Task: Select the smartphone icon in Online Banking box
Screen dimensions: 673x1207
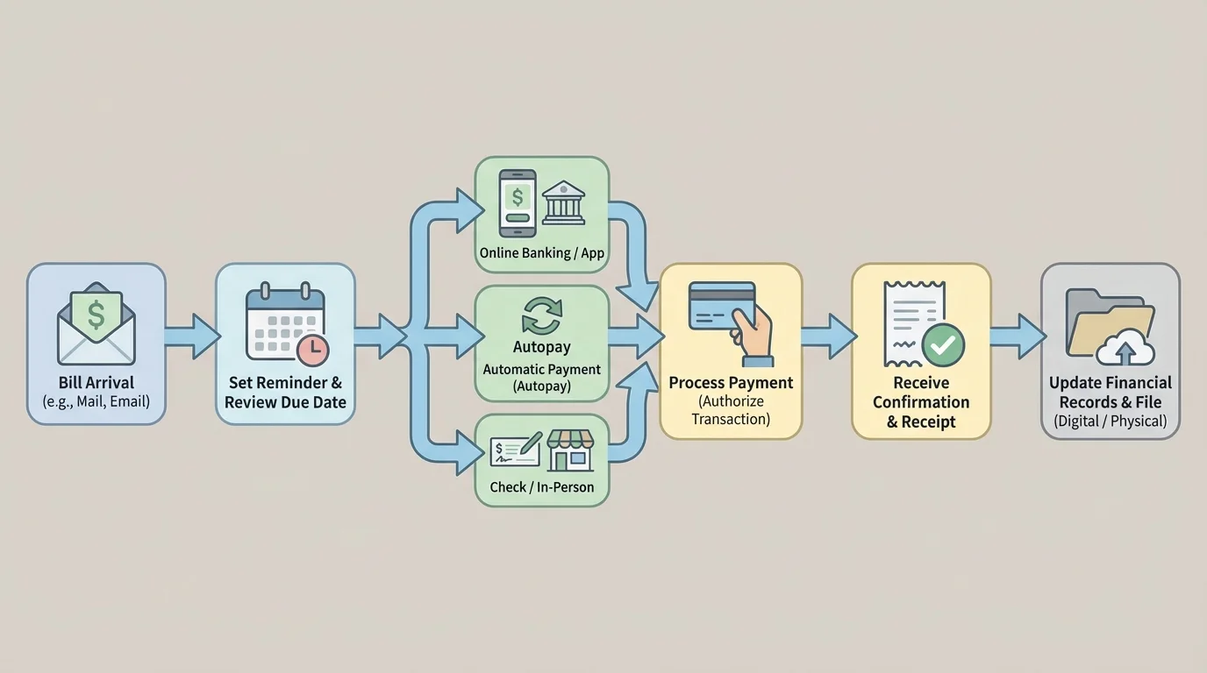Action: [x=517, y=202]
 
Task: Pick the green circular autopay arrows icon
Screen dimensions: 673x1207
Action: [x=541, y=315]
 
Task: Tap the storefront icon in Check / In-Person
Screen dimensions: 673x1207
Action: [x=570, y=450]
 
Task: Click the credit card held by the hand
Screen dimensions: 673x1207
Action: [x=719, y=304]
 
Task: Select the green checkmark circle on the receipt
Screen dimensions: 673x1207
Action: [x=944, y=345]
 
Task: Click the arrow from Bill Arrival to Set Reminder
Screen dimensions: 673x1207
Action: [x=192, y=336]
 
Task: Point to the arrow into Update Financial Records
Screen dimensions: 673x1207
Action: [x=1018, y=336]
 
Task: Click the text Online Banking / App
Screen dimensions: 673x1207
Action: [x=541, y=253]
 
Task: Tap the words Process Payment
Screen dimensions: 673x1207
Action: [x=731, y=383]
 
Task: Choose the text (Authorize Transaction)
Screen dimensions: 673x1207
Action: [x=731, y=410]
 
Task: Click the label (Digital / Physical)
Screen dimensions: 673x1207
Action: [x=1110, y=422]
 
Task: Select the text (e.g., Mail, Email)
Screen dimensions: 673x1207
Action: [x=96, y=402]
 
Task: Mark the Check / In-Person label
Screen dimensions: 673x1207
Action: [x=541, y=487]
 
